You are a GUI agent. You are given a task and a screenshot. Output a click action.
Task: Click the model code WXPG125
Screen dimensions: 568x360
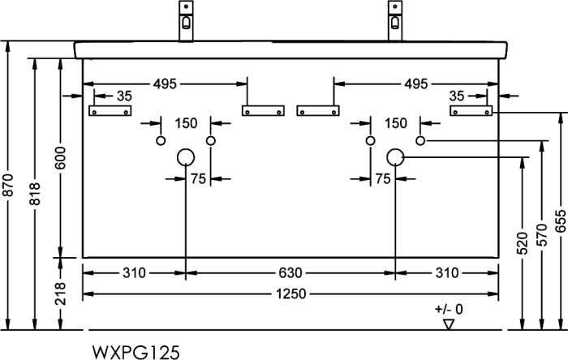coord(136,352)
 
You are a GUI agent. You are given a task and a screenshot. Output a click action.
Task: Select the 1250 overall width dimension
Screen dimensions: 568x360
coord(290,294)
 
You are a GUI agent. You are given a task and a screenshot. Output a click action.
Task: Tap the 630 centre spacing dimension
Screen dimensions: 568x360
coord(290,272)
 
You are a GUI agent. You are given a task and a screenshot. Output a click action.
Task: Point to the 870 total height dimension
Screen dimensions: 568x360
coord(8,185)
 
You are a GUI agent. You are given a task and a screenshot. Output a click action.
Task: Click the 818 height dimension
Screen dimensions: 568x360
coord(35,194)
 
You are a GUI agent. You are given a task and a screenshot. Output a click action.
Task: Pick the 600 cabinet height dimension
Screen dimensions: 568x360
coord(61,158)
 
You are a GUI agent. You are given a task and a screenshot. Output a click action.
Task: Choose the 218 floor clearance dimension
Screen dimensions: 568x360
coord(61,294)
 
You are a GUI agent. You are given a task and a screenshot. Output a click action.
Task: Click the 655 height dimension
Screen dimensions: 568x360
coord(561,221)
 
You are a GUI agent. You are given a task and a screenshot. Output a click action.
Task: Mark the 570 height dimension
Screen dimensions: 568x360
coord(542,235)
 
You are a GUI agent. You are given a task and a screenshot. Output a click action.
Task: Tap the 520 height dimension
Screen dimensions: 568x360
coord(523,243)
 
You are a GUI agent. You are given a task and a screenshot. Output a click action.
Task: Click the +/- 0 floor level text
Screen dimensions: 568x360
coord(449,310)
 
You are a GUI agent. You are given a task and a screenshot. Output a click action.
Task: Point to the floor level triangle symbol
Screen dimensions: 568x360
coord(449,324)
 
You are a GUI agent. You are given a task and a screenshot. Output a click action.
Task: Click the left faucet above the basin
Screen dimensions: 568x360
coord(186,21)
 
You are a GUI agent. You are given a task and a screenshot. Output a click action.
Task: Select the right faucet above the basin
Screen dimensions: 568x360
coord(395,21)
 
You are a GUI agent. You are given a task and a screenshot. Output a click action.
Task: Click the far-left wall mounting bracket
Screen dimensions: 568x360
coord(110,111)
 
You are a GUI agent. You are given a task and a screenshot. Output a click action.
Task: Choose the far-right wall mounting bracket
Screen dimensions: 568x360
coord(471,111)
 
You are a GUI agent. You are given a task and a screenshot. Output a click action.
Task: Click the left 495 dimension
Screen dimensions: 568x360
coord(165,84)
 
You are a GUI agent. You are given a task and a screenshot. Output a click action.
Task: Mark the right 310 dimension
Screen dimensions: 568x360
coord(447,272)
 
